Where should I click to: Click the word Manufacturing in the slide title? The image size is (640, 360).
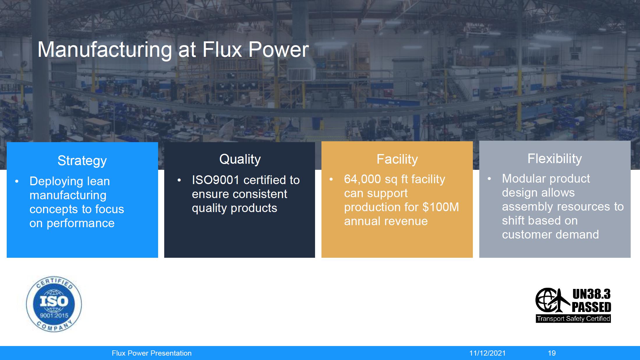105,50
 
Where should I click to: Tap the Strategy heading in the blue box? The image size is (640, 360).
82,161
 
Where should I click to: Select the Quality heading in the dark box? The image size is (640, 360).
240,159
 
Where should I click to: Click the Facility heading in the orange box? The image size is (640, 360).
397,159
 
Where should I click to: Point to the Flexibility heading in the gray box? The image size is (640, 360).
555,159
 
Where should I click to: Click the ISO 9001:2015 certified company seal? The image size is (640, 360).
54,304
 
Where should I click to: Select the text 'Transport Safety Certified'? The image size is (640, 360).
573,319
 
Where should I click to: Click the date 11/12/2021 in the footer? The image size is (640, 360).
487,353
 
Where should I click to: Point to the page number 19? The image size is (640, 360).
552,353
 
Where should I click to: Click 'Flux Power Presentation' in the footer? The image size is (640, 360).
152,353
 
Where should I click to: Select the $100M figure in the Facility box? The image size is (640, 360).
441,207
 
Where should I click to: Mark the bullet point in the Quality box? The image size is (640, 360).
179,180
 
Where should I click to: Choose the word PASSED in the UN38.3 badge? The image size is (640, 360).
591,307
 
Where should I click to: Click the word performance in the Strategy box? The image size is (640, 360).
81,224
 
